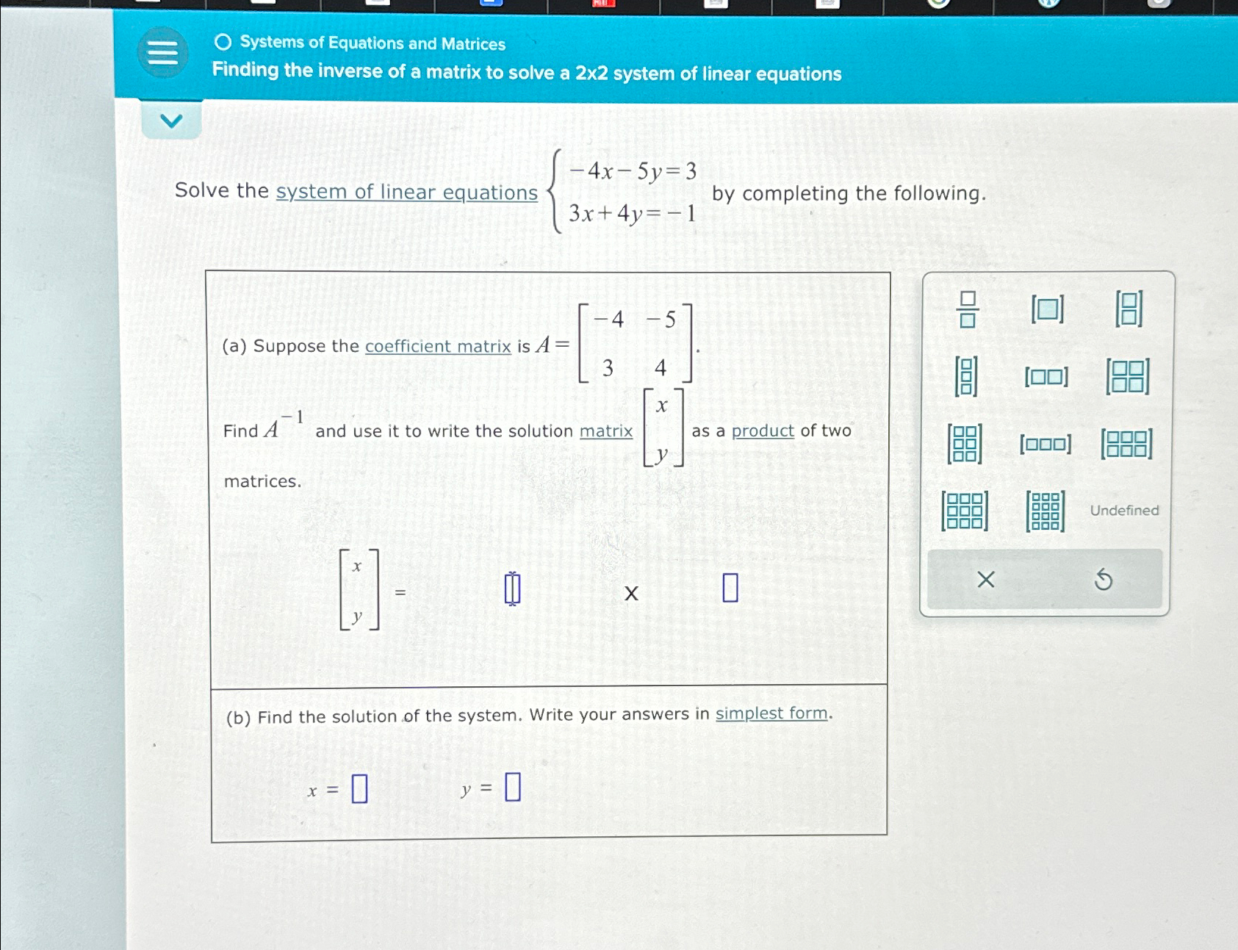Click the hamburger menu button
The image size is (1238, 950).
coord(162,52)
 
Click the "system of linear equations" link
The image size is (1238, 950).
coord(406,192)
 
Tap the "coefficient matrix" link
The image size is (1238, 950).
coord(438,346)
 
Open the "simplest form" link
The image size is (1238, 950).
coord(771,713)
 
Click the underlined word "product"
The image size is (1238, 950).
coord(763,431)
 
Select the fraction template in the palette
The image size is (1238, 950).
coord(967,309)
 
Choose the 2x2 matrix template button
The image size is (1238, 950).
coord(1128,376)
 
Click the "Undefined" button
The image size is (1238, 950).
coord(1124,511)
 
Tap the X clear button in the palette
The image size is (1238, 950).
coord(986,580)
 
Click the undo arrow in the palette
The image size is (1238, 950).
coord(1103,580)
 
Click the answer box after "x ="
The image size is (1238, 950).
coord(359,789)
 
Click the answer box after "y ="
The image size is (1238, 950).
coord(513,787)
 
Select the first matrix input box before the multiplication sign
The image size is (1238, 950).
coord(512,589)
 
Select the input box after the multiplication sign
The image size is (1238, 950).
coord(730,588)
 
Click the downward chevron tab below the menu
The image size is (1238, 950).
coord(171,120)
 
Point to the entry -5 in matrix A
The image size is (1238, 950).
coord(661,320)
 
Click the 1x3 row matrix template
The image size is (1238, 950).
coord(1045,444)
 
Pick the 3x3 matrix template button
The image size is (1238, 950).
coord(965,511)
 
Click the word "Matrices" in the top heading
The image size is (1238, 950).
coord(473,44)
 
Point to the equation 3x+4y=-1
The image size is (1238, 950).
coord(632,214)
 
